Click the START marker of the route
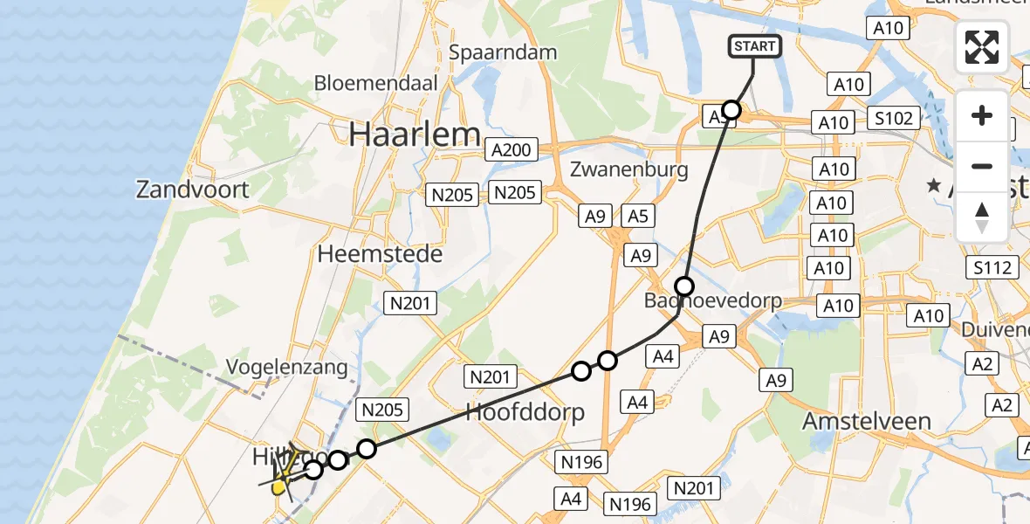[754, 46]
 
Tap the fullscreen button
[982, 47]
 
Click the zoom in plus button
[982, 115]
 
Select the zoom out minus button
[982, 166]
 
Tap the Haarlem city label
[415, 134]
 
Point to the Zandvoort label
[192, 189]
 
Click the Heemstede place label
[380, 254]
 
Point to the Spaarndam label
[502, 52]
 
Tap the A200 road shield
[511, 150]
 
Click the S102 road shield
[891, 119]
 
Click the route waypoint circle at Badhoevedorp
[684, 286]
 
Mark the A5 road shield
[638, 215]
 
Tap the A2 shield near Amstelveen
[1001, 404]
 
